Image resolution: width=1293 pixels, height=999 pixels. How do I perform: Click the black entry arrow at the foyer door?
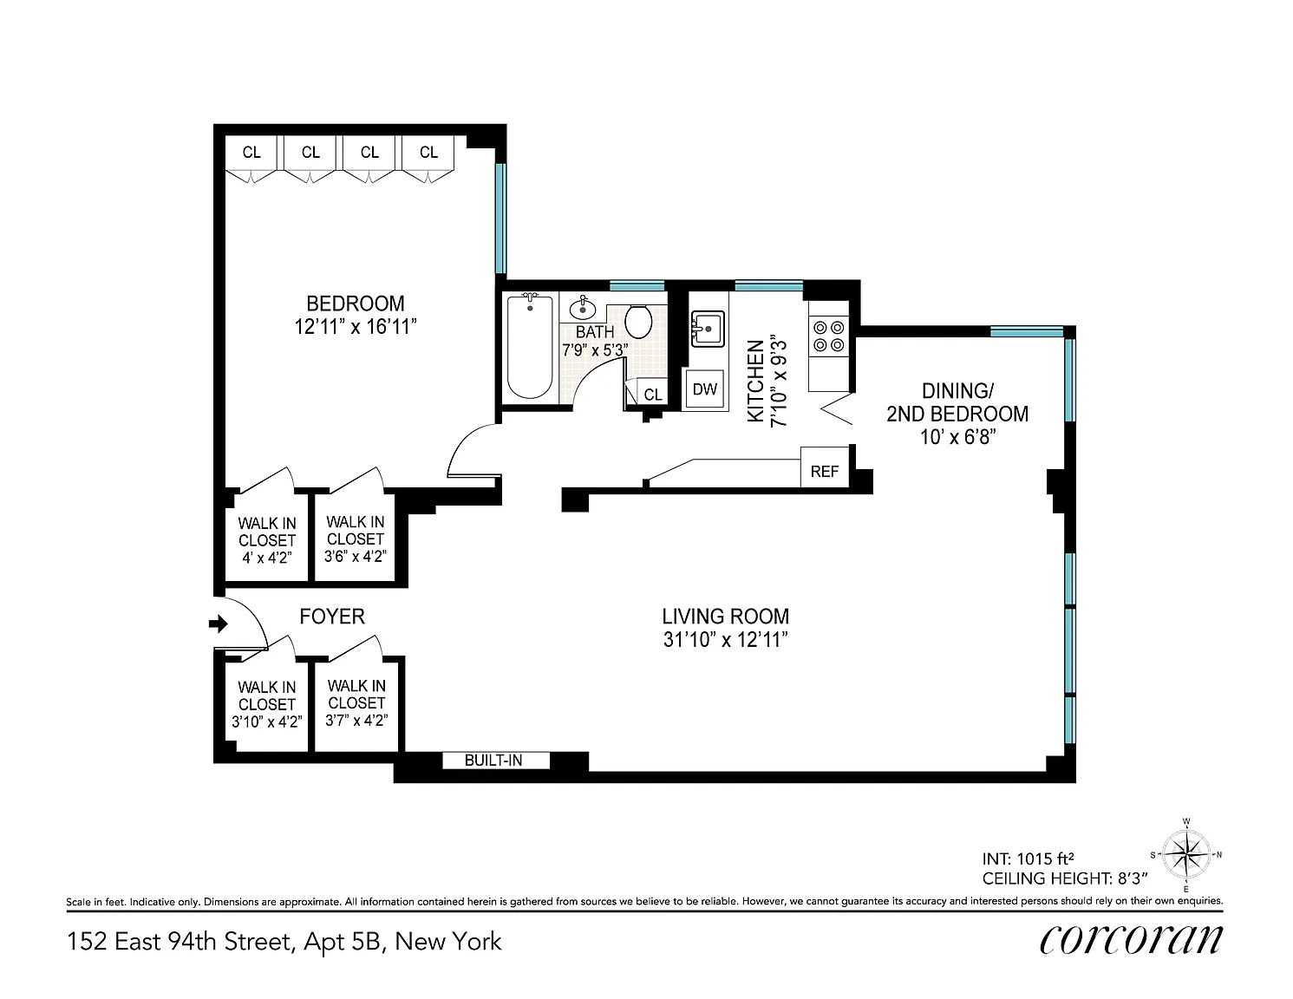219,624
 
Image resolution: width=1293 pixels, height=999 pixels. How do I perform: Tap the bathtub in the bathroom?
530,347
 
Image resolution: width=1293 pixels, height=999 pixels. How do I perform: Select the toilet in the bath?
638,322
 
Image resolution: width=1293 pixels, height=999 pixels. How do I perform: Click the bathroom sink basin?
583,308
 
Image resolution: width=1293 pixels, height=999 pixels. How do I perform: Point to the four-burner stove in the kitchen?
829,336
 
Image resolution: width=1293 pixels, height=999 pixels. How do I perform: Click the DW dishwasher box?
704,389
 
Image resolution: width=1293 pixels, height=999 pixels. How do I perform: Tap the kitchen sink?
708,329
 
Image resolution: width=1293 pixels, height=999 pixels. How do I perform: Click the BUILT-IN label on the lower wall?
493,760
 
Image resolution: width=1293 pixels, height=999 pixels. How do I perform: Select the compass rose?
1185,855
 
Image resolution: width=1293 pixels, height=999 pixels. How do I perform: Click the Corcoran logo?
1131,940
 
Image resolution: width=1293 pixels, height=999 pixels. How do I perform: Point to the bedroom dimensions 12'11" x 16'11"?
356,327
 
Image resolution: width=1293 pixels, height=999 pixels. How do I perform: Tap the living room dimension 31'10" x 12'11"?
725,640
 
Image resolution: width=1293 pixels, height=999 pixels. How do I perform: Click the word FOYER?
332,617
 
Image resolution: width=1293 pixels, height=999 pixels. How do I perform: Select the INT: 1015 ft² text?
1029,859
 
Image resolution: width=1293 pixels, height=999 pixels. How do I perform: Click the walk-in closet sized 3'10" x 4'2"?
266,708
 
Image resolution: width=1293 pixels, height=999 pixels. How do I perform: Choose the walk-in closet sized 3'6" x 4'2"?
356,538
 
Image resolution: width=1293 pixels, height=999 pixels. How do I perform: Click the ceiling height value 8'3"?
1130,878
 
